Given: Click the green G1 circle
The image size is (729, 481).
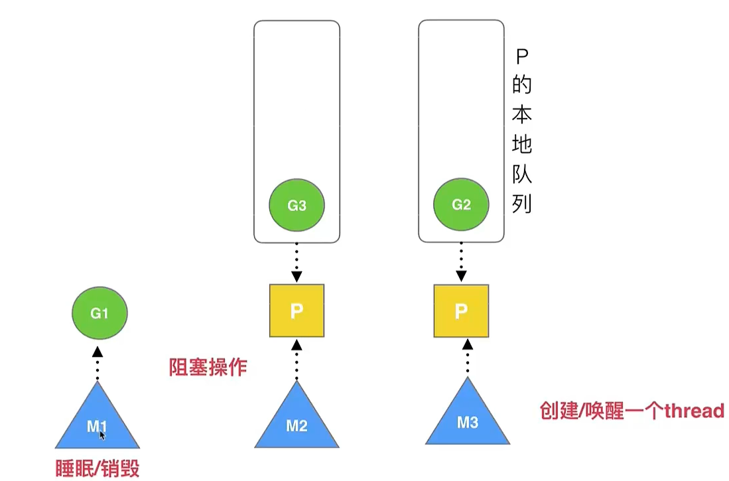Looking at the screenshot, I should click(x=99, y=313).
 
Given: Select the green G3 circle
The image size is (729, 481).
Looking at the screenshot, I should click(x=297, y=205).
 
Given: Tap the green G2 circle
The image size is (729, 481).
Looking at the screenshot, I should click(x=461, y=204).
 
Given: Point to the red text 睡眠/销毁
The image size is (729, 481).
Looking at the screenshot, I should click(x=98, y=468).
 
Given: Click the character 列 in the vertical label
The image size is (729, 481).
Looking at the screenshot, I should click(x=522, y=203).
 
